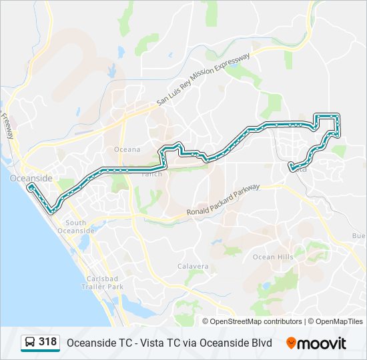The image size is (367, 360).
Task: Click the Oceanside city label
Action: point(26,179)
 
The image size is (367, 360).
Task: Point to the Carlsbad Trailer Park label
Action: point(105,282)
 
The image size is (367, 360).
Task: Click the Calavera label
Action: point(193,266)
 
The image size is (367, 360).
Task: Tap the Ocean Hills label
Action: point(272,257)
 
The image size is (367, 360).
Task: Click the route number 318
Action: point(48,342)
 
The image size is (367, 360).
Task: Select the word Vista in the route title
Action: point(146,343)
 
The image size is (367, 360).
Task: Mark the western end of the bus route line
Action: point(29,188)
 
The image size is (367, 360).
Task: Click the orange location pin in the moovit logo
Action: point(291,343)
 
